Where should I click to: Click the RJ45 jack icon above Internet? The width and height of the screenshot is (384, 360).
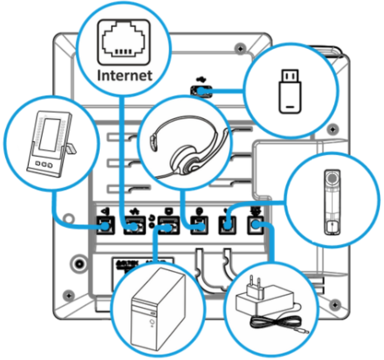pos(122,43)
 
